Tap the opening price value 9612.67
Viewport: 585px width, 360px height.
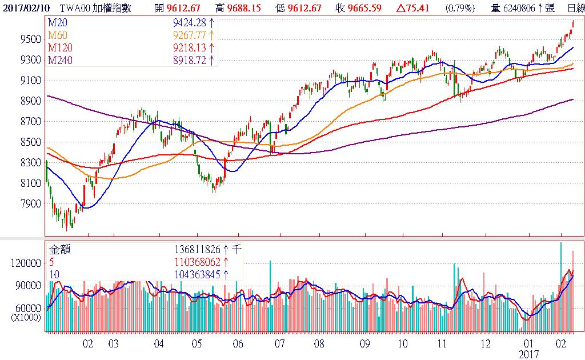click(187, 8)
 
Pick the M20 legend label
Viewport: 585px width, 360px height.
click(58, 23)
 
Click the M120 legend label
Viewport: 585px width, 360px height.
click(61, 47)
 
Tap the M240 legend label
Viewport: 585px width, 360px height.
click(61, 60)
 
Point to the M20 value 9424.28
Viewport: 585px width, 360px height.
click(189, 23)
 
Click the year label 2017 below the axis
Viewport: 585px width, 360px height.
click(529, 354)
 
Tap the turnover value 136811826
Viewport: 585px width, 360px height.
click(197, 250)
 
